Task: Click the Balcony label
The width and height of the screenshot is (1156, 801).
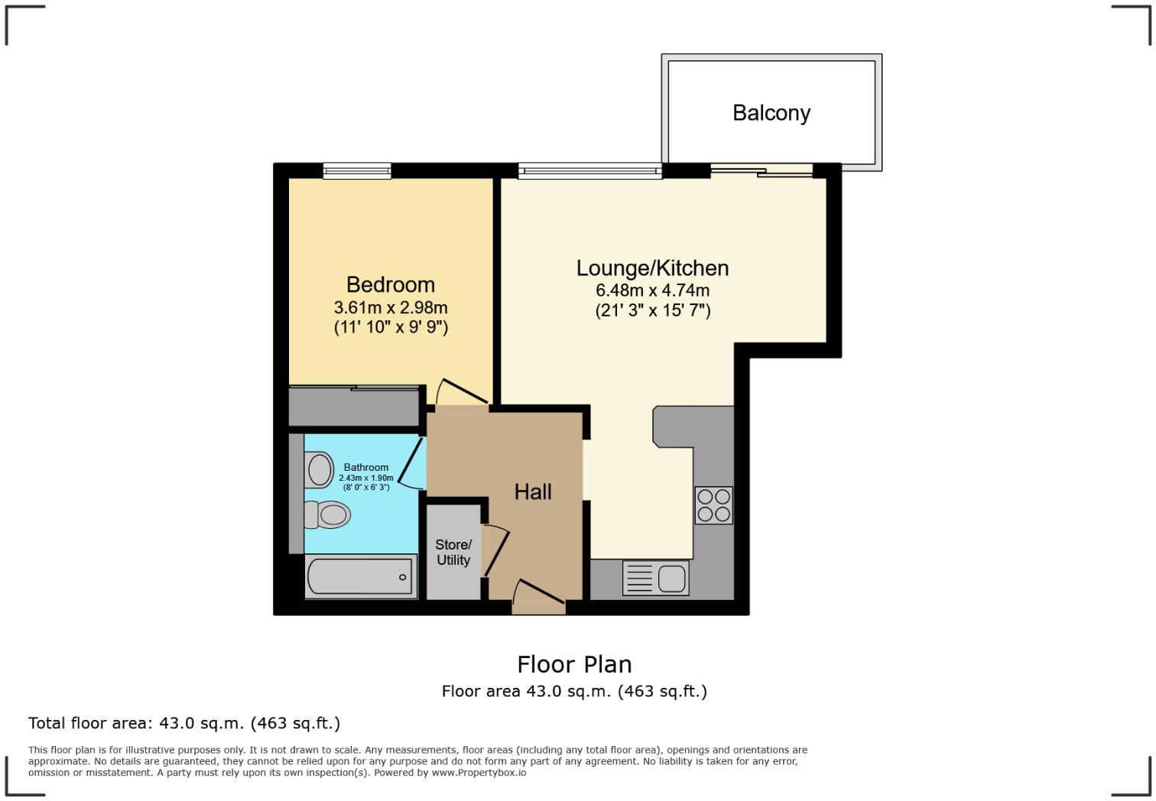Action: (771, 113)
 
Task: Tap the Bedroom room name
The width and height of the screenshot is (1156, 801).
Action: (390, 284)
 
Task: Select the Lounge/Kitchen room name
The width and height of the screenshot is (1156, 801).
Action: (652, 268)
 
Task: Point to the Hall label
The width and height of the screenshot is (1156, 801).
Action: (532, 491)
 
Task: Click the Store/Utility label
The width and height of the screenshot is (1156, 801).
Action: (453, 552)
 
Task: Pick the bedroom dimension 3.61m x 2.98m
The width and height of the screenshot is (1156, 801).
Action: (390, 307)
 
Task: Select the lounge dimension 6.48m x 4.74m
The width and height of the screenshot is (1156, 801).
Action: (652, 290)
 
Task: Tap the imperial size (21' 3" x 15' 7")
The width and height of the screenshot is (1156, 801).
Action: (652, 310)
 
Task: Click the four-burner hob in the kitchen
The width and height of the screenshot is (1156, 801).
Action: (713, 505)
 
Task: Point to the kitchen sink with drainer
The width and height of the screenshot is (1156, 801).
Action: (656, 578)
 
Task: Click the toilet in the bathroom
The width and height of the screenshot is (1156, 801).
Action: (327, 514)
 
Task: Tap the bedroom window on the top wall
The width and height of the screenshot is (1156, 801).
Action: (357, 170)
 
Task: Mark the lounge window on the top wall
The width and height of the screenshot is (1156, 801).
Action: (589, 171)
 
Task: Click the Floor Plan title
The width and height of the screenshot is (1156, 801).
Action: (574, 664)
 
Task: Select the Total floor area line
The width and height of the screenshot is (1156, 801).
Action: (184, 723)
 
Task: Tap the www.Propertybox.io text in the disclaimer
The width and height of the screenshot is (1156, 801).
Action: (479, 773)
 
